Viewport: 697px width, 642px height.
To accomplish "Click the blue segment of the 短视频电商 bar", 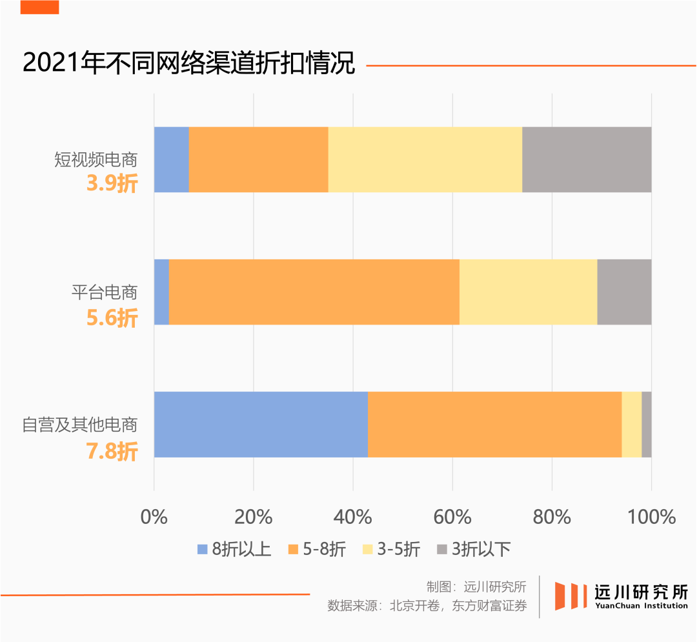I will click(171, 159).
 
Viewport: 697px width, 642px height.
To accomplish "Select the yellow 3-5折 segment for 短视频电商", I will click(425, 159).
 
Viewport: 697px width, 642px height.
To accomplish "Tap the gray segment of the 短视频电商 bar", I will click(586, 159).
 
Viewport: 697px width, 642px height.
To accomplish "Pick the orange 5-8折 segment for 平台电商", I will click(314, 292).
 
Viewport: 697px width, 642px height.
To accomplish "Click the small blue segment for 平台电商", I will click(161, 292).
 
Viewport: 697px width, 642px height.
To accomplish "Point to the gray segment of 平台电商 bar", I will click(624, 292).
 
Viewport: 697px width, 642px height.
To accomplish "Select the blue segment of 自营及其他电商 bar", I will click(261, 424).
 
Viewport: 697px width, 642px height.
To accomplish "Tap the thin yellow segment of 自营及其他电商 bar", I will click(631, 424).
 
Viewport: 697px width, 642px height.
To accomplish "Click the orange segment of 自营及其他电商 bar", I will click(494, 424).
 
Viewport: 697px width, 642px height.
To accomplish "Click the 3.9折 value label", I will click(112, 185).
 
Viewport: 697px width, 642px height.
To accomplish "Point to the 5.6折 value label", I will click(112, 317).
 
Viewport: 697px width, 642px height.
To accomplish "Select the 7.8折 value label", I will click(112, 451).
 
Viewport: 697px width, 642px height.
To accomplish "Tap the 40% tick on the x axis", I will click(353, 517).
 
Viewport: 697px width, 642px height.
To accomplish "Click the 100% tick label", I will click(651, 517).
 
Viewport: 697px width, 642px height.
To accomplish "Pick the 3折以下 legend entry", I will click(474, 550).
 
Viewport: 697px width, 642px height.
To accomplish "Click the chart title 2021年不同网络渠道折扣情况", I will click(188, 64).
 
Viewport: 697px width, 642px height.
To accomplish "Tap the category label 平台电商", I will click(105, 292).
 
